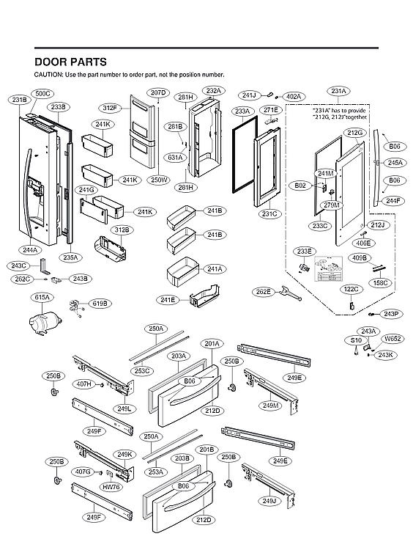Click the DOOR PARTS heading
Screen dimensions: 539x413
[70, 62]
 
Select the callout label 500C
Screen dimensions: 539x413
[43, 94]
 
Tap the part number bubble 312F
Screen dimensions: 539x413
[110, 107]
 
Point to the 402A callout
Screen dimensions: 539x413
[293, 96]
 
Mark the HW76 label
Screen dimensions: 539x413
[111, 486]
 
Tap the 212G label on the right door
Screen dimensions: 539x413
[355, 133]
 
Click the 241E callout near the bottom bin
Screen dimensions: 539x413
[168, 299]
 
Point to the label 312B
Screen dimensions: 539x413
[122, 230]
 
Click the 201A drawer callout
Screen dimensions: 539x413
[212, 343]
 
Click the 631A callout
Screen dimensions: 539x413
[175, 157]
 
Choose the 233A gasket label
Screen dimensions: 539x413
[242, 111]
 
